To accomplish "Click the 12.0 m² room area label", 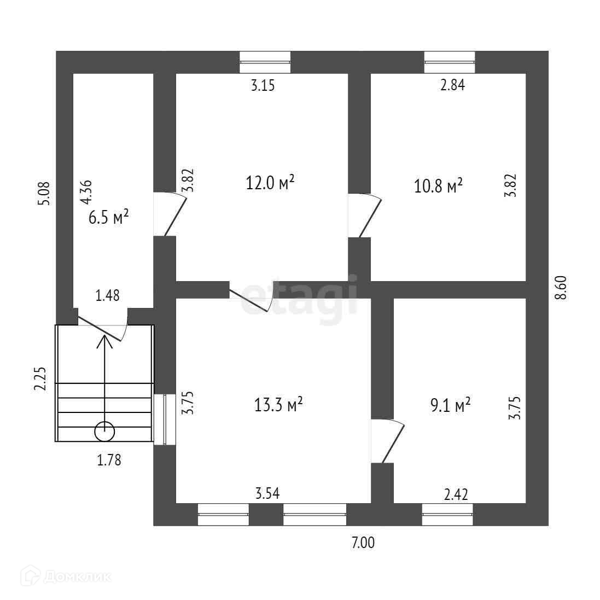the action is click(x=271, y=183).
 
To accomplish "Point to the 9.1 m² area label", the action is click(x=451, y=405).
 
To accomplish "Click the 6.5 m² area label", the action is click(x=108, y=218).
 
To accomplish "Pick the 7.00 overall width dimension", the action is click(x=363, y=543).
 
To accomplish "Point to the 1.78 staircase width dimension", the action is click(x=109, y=460).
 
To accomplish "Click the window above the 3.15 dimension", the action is click(x=265, y=62).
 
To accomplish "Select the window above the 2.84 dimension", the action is click(x=450, y=62).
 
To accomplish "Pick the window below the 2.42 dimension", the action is click(x=447, y=515).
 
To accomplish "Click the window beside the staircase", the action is click(x=164, y=420).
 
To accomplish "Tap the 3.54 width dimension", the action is click(x=267, y=494).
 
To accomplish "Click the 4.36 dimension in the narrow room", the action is click(x=86, y=193).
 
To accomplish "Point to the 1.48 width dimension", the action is click(x=108, y=296).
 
